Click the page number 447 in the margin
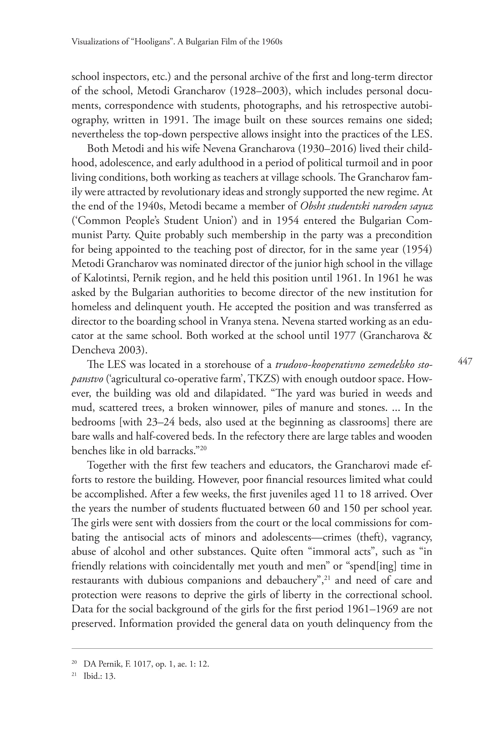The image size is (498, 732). tap(465, 361)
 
